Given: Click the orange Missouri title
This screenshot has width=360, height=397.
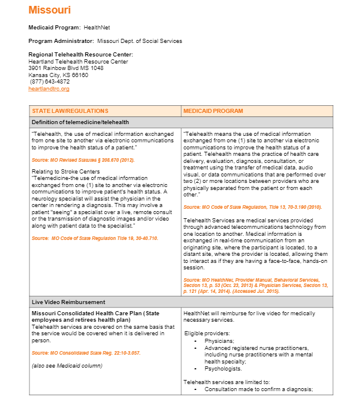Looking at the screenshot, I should click(x=49, y=10).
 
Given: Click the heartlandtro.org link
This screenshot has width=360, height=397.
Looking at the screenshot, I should click(x=49, y=89).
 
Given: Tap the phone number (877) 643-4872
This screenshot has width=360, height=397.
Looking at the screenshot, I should click(x=49, y=82).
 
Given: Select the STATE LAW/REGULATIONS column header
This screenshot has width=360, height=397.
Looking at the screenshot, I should click(x=70, y=111).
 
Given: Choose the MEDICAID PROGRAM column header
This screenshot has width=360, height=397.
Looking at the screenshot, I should click(x=213, y=111).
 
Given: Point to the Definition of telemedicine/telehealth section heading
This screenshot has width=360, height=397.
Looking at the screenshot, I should click(x=81, y=122).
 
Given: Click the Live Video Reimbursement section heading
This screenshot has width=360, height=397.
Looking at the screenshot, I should click(x=68, y=302).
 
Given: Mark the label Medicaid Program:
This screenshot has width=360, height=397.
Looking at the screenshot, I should click(x=55, y=28).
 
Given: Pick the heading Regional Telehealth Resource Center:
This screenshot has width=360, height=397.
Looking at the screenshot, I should click(x=81, y=55).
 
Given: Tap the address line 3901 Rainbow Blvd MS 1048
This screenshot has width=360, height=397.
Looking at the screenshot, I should click(x=66, y=68).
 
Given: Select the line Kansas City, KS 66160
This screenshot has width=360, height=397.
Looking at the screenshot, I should click(x=58, y=75).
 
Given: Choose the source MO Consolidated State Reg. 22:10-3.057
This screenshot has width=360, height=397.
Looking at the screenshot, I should click(x=86, y=353).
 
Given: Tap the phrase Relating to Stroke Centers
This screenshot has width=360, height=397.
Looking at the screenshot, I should click(x=62, y=171).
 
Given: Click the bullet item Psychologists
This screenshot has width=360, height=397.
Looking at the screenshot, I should click(x=223, y=369).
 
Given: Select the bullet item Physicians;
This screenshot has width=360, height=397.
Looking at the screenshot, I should click(x=219, y=341).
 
